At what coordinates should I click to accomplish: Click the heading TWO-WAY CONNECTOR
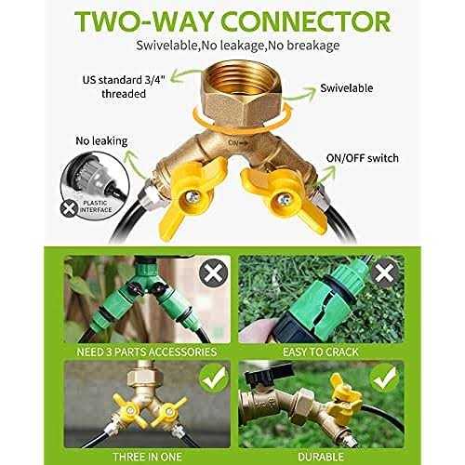[232, 20]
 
